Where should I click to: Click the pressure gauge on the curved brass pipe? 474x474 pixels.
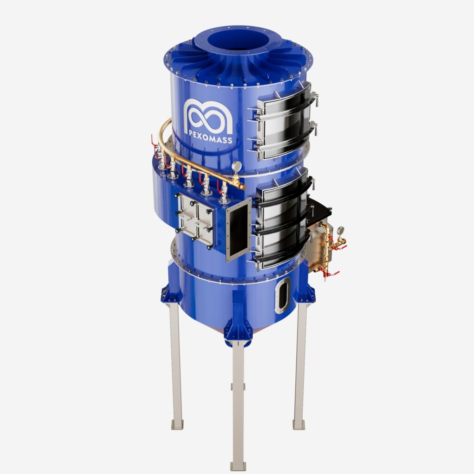237,167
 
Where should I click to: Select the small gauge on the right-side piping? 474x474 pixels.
340,231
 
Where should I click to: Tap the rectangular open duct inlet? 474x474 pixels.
239,231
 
